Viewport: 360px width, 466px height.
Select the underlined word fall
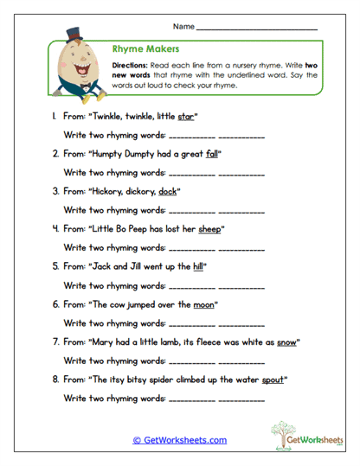pyautogui.click(x=214, y=153)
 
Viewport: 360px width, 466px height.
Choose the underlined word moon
pyautogui.click(x=205, y=304)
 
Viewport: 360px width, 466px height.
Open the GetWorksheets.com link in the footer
pyautogui.click(x=179, y=440)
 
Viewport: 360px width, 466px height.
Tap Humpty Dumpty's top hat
pyautogui.click(x=74, y=35)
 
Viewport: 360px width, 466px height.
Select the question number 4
pyautogui.click(x=55, y=229)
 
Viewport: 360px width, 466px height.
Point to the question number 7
pyautogui.click(x=55, y=342)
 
